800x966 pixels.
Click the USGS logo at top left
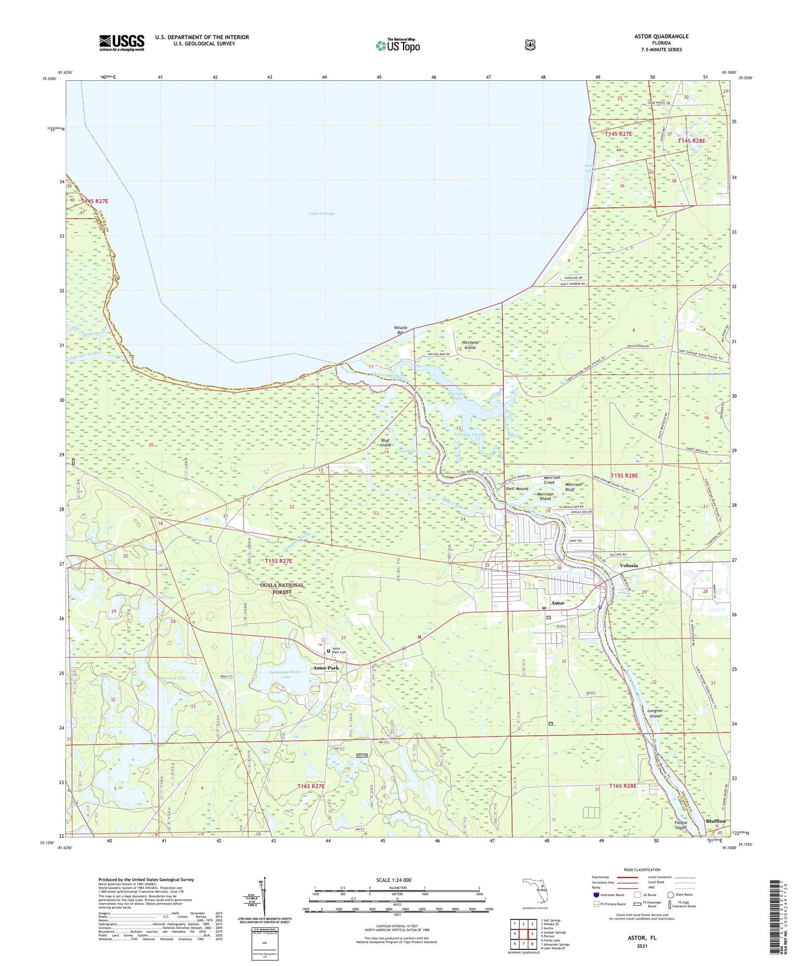(x=122, y=43)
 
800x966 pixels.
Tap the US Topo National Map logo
(x=398, y=45)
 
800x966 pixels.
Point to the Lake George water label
(x=322, y=214)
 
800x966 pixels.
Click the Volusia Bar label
(x=400, y=330)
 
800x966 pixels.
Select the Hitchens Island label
(x=469, y=345)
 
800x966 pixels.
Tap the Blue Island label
(x=385, y=443)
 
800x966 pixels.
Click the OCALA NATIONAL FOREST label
(x=282, y=588)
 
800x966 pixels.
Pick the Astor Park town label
(x=326, y=668)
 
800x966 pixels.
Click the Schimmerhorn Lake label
(x=286, y=674)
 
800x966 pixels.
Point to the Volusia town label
(x=628, y=565)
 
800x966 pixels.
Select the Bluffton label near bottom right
(x=715, y=821)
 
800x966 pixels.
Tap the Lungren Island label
(x=655, y=713)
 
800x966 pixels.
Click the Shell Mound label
(x=517, y=489)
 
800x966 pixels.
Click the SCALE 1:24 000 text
(x=393, y=880)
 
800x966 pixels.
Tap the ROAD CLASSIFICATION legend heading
(x=642, y=870)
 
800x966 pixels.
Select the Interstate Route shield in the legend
(x=595, y=895)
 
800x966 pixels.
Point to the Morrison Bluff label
(x=573, y=487)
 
